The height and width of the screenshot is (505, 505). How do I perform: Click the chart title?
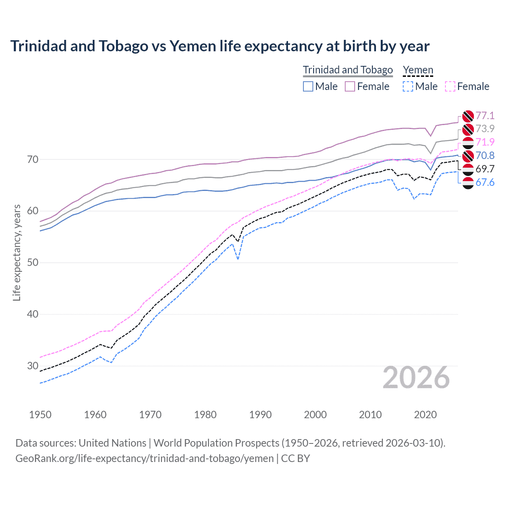tap(220, 46)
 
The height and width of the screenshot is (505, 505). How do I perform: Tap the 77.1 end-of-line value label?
tap(485, 116)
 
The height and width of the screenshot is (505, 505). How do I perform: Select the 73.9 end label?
tap(485, 129)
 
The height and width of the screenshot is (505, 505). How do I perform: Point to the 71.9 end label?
tap(485, 142)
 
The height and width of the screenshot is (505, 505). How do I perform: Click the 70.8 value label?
tap(485, 155)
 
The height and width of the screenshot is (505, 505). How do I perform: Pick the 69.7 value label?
tap(485, 169)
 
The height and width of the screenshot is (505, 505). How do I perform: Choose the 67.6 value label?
tap(485, 182)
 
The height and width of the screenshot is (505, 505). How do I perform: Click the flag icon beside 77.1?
tap(468, 116)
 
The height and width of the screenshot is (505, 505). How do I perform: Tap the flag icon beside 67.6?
tap(468, 183)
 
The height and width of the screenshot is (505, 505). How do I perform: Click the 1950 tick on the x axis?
tap(40, 415)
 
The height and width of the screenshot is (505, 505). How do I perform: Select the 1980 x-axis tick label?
tap(205, 415)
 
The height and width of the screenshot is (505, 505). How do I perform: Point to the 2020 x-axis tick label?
tap(425, 415)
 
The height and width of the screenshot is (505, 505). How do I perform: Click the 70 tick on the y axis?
tap(33, 160)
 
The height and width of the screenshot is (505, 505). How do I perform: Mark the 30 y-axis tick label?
tap(33, 366)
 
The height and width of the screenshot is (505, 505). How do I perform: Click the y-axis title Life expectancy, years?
tap(17, 252)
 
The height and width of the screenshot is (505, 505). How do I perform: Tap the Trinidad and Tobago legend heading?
tap(348, 70)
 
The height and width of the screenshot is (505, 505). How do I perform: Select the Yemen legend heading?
tap(418, 70)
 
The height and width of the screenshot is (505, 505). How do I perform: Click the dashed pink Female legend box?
tap(450, 86)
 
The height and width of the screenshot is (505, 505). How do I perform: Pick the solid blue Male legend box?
tap(308, 86)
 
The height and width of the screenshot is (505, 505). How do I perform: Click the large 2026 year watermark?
tap(416, 378)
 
